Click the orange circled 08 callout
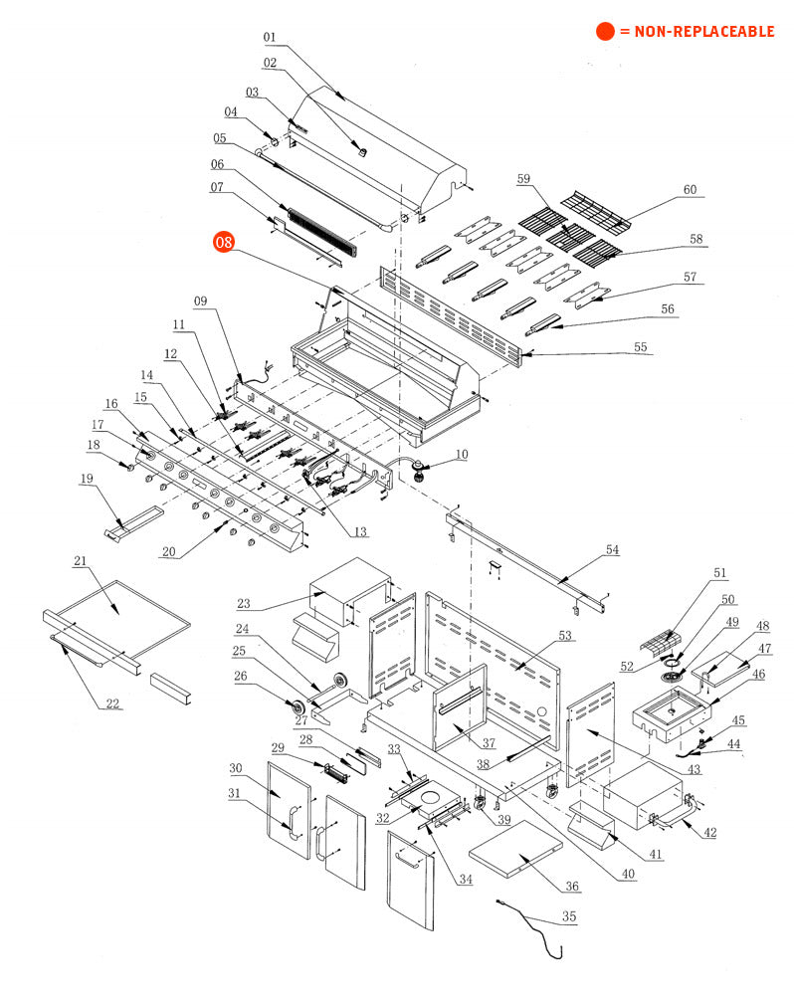click(x=224, y=242)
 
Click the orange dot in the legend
click(x=605, y=31)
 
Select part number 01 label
click(x=270, y=37)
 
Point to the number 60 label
click(x=690, y=189)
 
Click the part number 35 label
click(x=568, y=916)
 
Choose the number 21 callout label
click(x=80, y=560)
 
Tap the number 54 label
click(x=612, y=549)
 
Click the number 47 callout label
click(x=764, y=648)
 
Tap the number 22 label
click(x=112, y=703)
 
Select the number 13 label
click(x=360, y=531)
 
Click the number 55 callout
click(x=640, y=347)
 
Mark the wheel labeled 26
click(x=298, y=708)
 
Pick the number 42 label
click(x=709, y=832)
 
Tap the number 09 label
click(x=201, y=301)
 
